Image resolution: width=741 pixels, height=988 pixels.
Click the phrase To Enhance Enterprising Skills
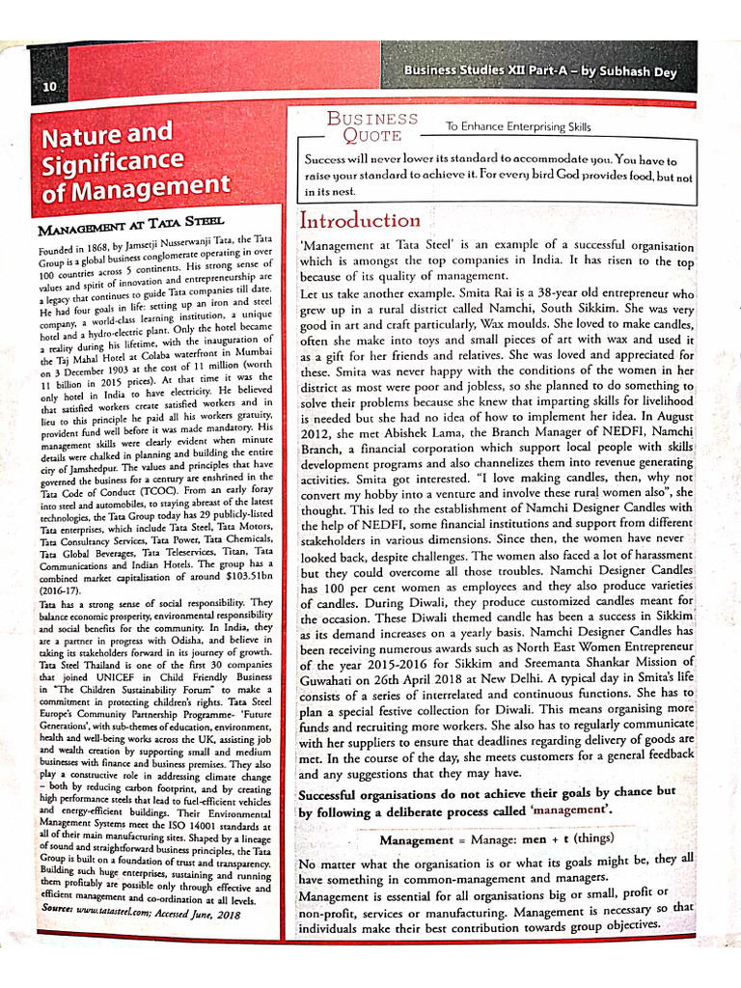[518, 126]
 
